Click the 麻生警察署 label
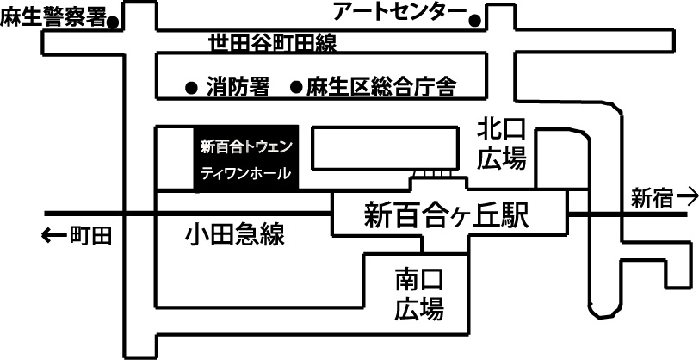[53, 17]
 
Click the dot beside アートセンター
[473, 18]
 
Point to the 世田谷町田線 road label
[273, 43]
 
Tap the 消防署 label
[238, 87]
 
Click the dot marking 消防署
[191, 87]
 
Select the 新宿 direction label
[652, 198]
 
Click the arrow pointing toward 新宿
[687, 198]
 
